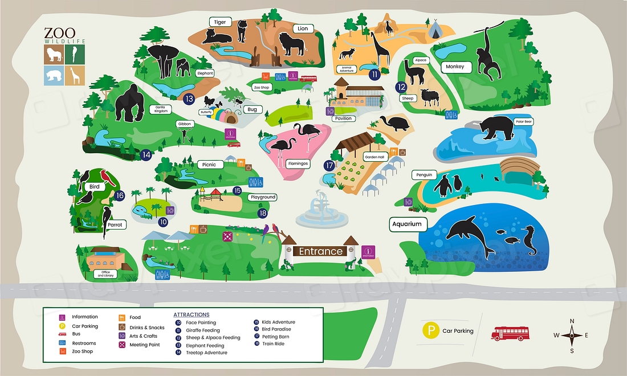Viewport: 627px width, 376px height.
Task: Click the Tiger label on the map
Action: pos(220,22)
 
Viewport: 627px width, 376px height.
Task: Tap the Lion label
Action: pos(303,28)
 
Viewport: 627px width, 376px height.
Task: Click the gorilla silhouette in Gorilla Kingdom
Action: pos(129,104)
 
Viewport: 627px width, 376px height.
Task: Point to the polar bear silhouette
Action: pos(496,129)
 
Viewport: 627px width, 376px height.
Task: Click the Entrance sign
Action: pos(321,251)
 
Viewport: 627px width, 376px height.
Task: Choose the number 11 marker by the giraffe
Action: pos(374,74)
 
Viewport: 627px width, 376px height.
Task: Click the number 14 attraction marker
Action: pos(146,154)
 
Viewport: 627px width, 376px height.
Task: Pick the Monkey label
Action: pos(455,67)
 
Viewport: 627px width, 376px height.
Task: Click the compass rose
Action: pos(572,336)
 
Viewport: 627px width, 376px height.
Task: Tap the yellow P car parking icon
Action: pos(430,330)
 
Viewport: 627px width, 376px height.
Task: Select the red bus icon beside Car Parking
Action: pos(510,333)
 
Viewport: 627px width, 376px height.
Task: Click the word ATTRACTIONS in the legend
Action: pos(191,314)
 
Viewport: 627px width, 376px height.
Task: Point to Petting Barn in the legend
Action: pos(276,337)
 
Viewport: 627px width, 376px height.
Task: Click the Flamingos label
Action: pos(298,164)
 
